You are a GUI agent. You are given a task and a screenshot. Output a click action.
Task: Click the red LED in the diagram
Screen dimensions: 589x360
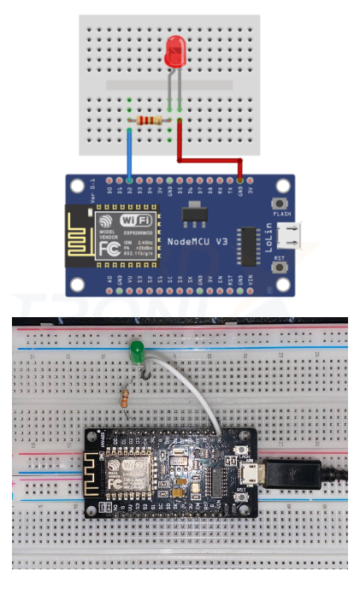click(x=174, y=54)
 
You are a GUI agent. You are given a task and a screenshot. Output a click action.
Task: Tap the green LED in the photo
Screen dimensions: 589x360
click(x=135, y=351)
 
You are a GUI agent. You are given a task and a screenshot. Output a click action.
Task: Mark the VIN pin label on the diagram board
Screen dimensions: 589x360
click(x=250, y=279)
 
